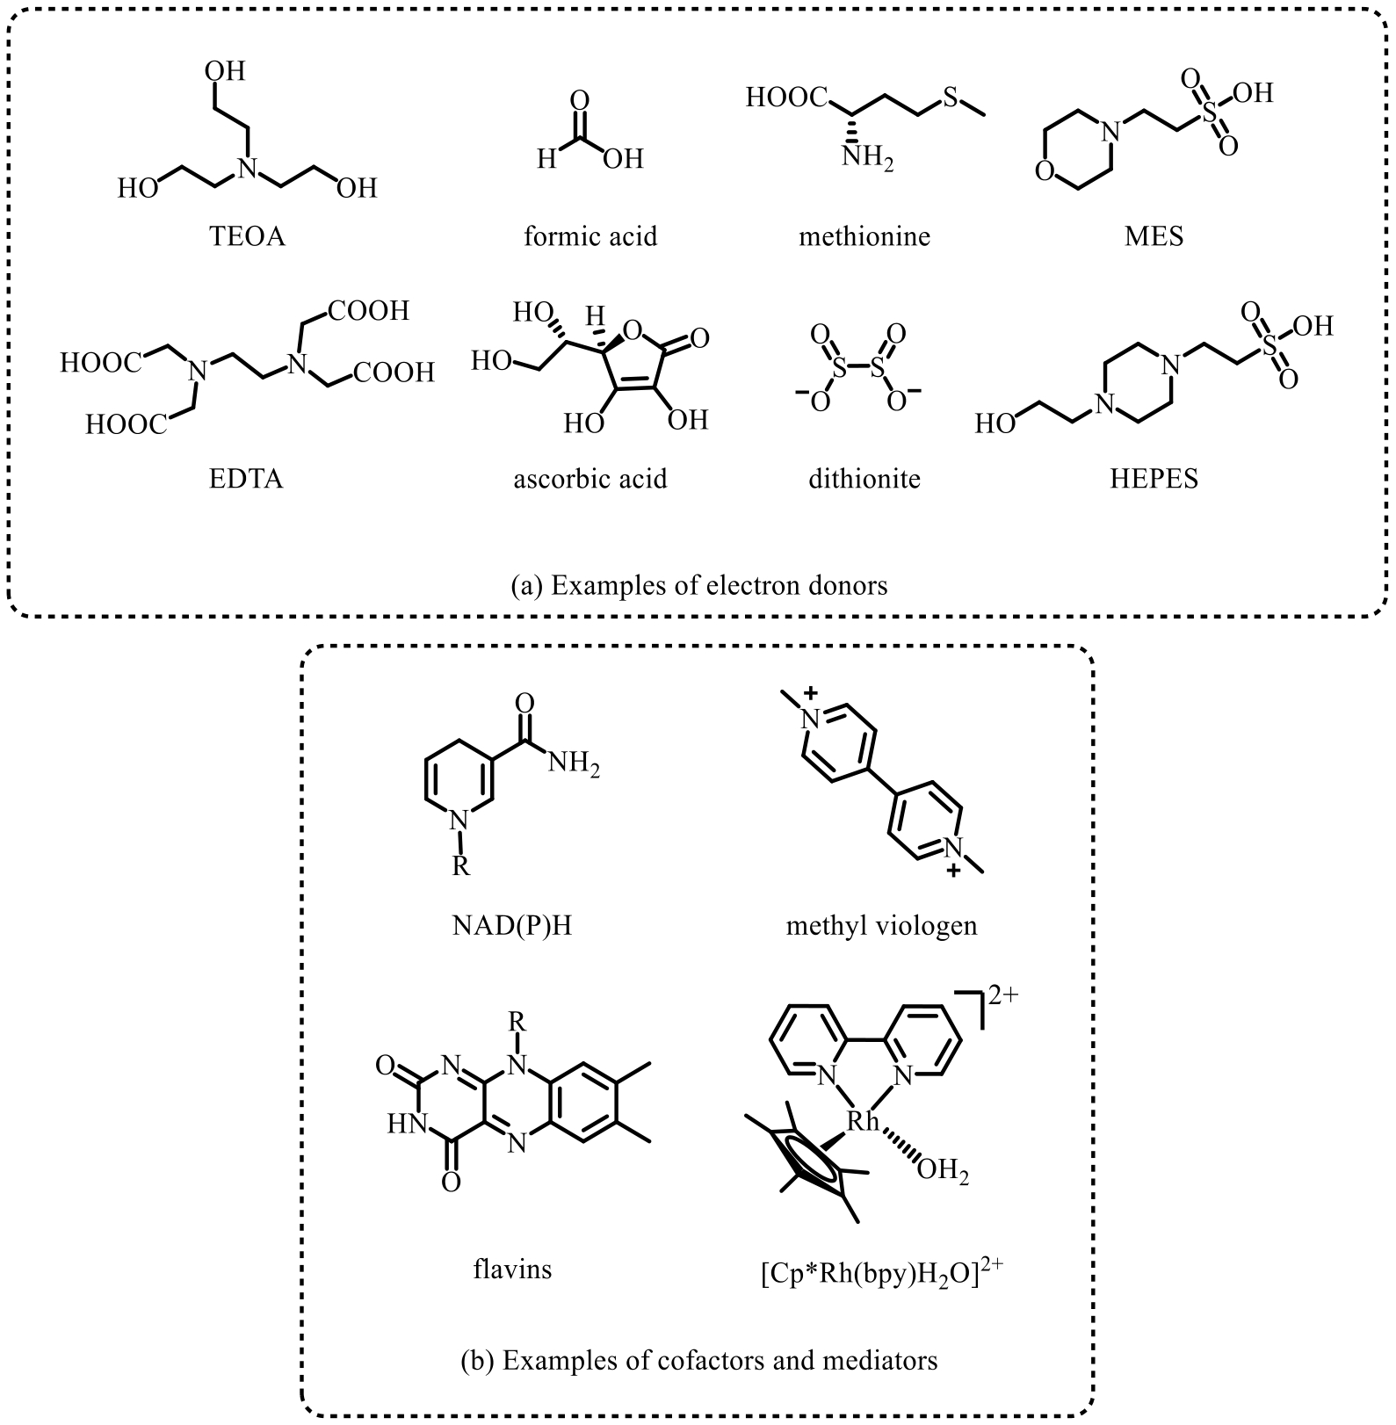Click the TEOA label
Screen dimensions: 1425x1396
pos(248,236)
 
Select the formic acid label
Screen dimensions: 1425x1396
pos(590,236)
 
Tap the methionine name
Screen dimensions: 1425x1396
pos(864,236)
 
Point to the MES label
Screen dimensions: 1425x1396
pos(1154,236)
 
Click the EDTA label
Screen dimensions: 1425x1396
pos(247,479)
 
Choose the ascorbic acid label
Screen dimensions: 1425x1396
pos(590,479)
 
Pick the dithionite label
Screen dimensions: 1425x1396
pos(864,479)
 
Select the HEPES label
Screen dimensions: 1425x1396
pos(1154,479)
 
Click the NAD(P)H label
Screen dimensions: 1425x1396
pos(512,926)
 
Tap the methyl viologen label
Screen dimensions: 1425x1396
pos(882,926)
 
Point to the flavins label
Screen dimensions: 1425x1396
pos(512,1269)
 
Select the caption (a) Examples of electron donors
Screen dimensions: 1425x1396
pos(699,585)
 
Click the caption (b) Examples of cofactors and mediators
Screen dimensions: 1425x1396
pos(699,1361)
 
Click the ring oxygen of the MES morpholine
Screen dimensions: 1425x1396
pos(1044,170)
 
